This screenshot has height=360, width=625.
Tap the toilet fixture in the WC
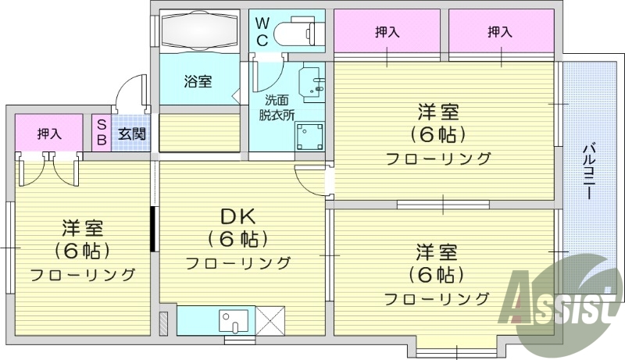pyautogui.click(x=300, y=32)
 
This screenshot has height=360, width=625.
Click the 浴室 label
pyautogui.click(x=198, y=81)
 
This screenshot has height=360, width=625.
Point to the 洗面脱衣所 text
pyautogui.click(x=277, y=107)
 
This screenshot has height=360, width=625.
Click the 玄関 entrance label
pyautogui.click(x=131, y=134)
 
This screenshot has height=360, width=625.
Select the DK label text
pyautogui.click(x=237, y=216)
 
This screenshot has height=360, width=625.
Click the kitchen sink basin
pyautogui.click(x=233, y=320)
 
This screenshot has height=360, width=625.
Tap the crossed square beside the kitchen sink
pyautogui.click(x=270, y=320)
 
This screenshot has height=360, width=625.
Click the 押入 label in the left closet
pyautogui.click(x=48, y=134)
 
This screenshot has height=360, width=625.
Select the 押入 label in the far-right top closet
pyautogui.click(x=500, y=32)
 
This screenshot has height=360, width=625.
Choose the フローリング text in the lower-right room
pyautogui.click(x=437, y=299)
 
